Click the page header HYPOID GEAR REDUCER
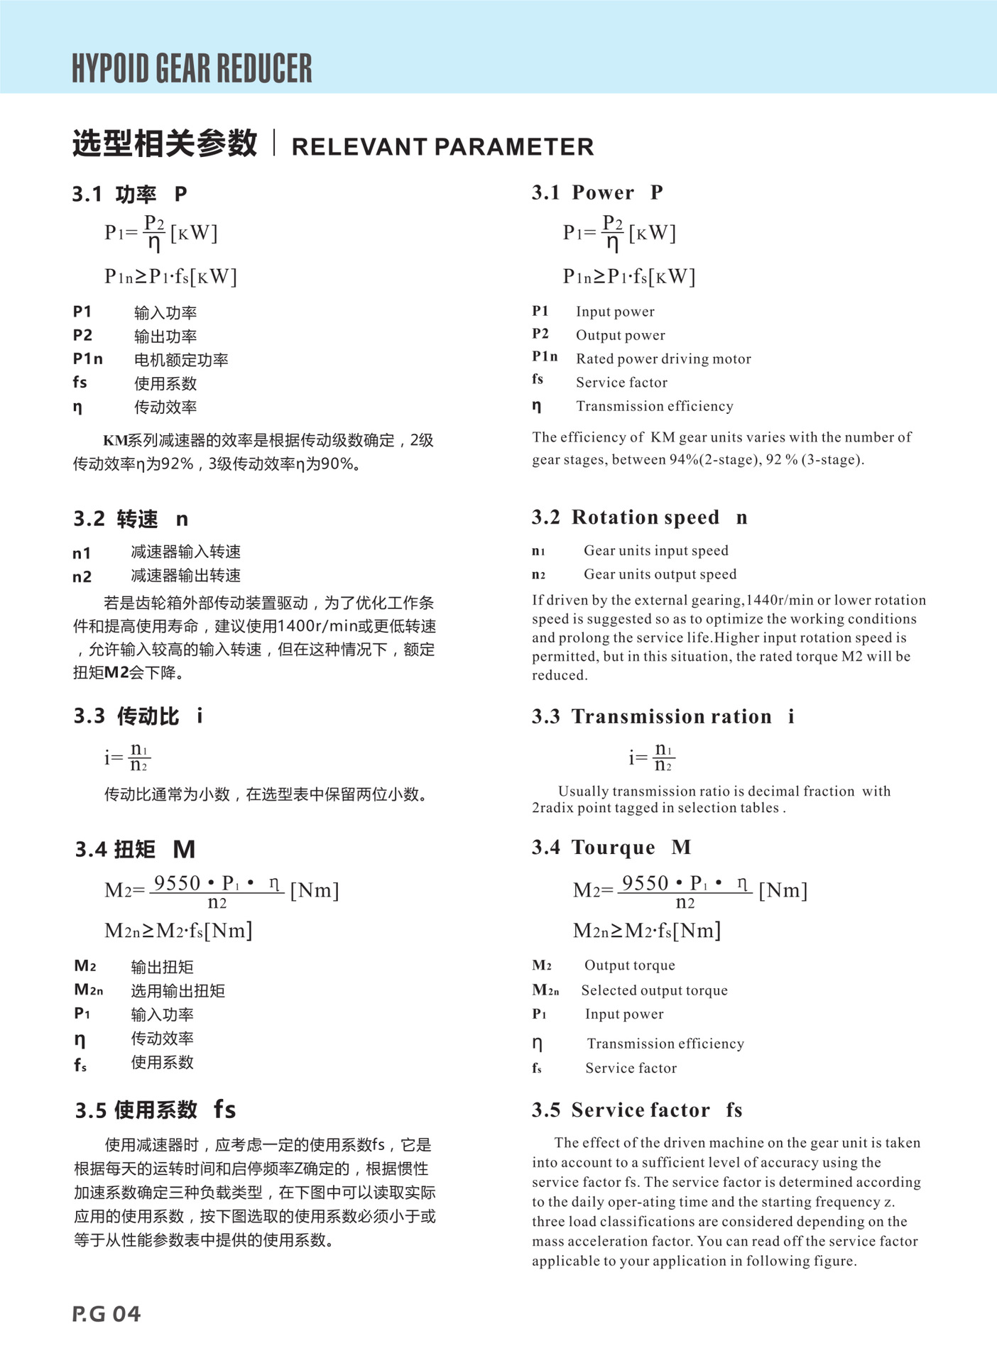click(x=192, y=69)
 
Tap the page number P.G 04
click(x=107, y=1314)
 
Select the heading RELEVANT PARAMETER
click(x=442, y=147)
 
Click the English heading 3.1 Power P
click(x=597, y=192)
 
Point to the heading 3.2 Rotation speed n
click(x=639, y=518)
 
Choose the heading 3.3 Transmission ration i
click(x=663, y=716)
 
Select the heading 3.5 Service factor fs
click(x=636, y=1110)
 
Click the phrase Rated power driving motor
click(x=663, y=359)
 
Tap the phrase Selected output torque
click(x=654, y=990)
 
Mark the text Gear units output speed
click(x=660, y=574)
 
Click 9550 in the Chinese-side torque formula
click(x=178, y=883)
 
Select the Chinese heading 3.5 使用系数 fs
click(x=156, y=1110)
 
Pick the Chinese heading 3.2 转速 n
click(x=131, y=519)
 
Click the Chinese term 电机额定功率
click(x=181, y=360)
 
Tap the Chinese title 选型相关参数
click(x=165, y=144)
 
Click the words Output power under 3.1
click(x=620, y=335)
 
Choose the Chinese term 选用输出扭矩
click(x=178, y=991)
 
